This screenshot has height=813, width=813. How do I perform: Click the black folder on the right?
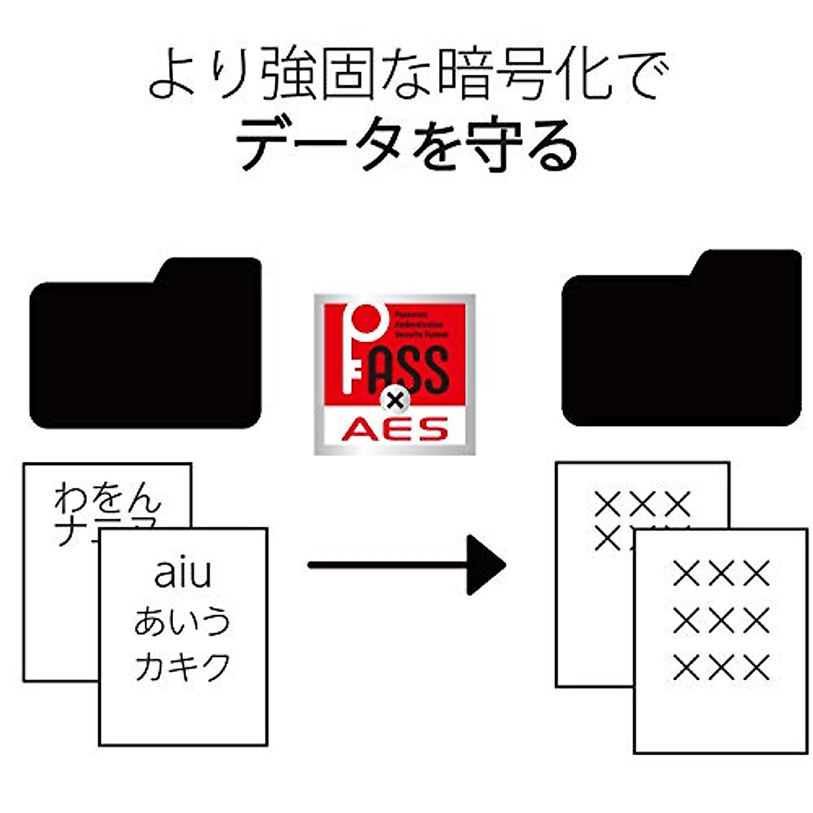tap(681, 349)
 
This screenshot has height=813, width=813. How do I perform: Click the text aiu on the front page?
tap(183, 572)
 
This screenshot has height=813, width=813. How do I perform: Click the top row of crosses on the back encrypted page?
tap(642, 504)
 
